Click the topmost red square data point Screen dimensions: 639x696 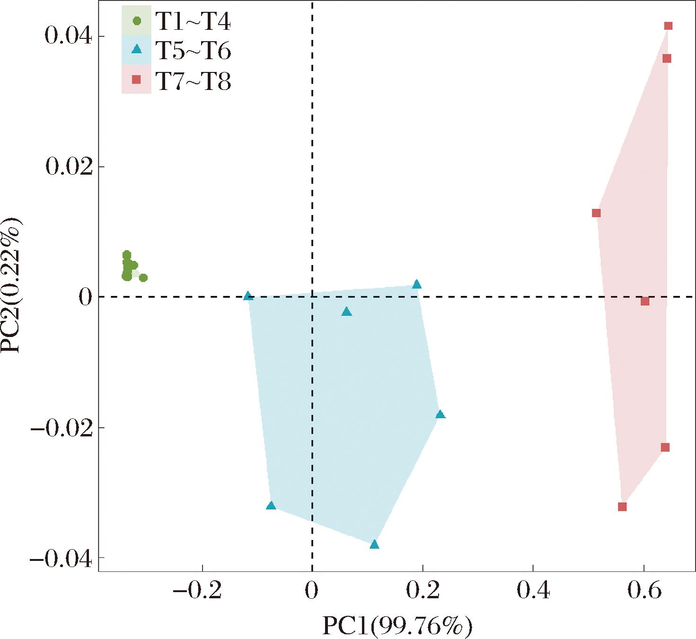tap(668, 26)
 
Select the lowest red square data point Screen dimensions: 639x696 tap(622, 506)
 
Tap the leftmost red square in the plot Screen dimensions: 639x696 tap(596, 213)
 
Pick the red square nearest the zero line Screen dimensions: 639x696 tap(645, 301)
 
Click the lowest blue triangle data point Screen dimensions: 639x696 tap(374, 544)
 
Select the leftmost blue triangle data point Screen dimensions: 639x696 tap(248, 296)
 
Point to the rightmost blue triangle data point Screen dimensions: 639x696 tap(440, 414)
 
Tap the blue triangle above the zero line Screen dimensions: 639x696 tap(417, 284)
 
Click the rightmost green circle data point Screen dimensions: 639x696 tap(143, 277)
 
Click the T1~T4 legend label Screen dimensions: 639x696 tap(193, 21)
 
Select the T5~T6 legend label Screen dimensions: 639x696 tap(193, 51)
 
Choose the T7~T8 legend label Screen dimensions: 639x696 tap(193, 81)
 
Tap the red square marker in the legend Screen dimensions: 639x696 tap(137, 80)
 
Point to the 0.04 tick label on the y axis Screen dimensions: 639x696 tap(68, 36)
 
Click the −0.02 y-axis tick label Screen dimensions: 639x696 tap(61, 428)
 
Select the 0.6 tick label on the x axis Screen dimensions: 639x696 tap(643, 590)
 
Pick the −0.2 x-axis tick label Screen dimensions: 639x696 tap(197, 590)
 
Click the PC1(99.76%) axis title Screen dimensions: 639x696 tap(397, 626)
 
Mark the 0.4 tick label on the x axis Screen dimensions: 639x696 tap(533, 590)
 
